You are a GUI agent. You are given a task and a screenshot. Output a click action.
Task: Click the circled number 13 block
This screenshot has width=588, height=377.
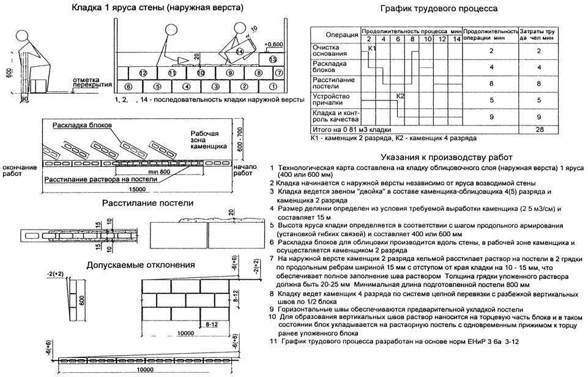pos(273,59)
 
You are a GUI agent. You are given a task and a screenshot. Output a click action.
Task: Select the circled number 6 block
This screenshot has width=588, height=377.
pos(127,86)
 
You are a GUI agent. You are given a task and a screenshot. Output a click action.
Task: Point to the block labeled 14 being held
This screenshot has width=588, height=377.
pos(240,51)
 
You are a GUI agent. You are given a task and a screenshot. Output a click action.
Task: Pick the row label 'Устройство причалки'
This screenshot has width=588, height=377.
pos(331,99)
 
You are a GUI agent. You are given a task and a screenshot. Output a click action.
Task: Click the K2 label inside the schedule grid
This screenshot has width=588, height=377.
pos(401,96)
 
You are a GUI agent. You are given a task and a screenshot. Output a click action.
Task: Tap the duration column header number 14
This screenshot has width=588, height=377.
pos(456,39)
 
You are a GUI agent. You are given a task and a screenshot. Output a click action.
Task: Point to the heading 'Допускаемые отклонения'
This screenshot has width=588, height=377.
pos(141,266)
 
